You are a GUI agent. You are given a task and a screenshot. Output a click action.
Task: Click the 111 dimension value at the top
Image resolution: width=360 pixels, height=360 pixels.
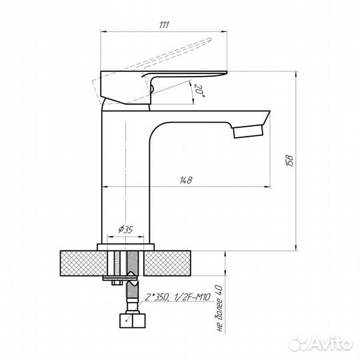point(164,25)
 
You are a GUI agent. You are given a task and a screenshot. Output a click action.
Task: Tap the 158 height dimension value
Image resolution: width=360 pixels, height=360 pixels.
point(290,161)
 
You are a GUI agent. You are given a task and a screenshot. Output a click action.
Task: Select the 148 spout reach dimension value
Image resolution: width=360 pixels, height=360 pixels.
point(186,180)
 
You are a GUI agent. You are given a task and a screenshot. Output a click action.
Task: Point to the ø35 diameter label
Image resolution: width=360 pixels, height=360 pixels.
point(125,229)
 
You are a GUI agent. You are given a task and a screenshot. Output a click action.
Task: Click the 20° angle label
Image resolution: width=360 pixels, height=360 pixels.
point(199,91)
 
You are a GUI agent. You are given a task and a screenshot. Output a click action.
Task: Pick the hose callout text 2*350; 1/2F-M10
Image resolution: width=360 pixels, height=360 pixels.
point(178,297)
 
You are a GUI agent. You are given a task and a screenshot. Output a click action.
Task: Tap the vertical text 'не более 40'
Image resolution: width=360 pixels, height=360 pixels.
point(219,308)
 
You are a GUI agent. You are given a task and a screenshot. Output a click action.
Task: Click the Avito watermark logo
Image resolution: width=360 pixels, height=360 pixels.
point(321,344)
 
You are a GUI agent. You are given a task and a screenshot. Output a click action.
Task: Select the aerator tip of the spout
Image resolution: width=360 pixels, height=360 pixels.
point(248,131)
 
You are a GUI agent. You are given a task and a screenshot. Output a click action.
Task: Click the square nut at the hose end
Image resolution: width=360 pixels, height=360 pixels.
point(133,321)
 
